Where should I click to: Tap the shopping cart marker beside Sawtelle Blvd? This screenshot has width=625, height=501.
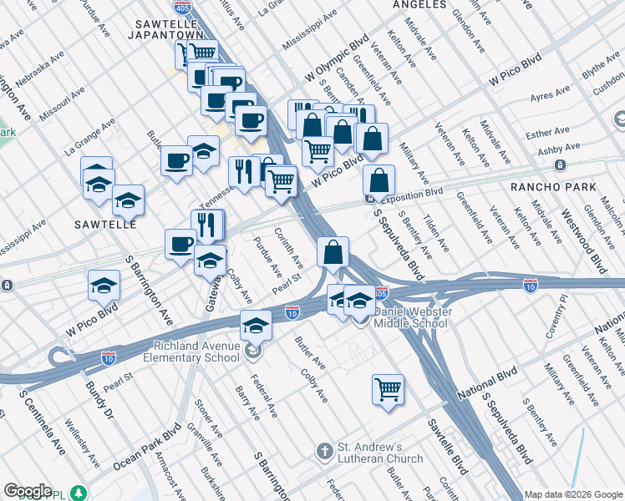389,389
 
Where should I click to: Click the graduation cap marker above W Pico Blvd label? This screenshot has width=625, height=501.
104,285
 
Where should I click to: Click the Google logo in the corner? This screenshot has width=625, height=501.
28,491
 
